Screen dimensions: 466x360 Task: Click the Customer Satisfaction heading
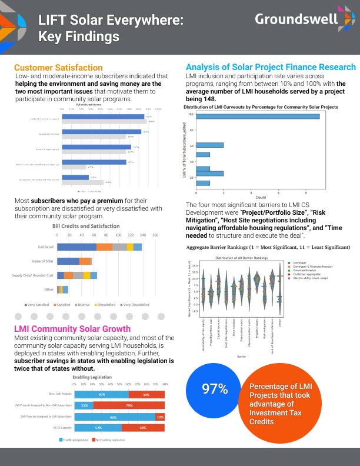coord(58,68)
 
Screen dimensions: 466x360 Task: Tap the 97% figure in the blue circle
coord(215,388)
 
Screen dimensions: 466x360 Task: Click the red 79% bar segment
coord(130,405)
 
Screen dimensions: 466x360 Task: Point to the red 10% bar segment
coord(159,417)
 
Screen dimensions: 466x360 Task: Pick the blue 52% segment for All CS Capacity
coord(99,428)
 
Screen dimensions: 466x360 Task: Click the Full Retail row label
coord(46,247)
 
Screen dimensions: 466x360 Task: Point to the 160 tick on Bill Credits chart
coord(155,235)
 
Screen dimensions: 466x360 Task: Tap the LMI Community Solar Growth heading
coord(72,328)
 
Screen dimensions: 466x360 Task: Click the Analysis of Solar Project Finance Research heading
coord(271,67)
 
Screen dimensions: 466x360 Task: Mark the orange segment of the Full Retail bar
coord(104,247)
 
